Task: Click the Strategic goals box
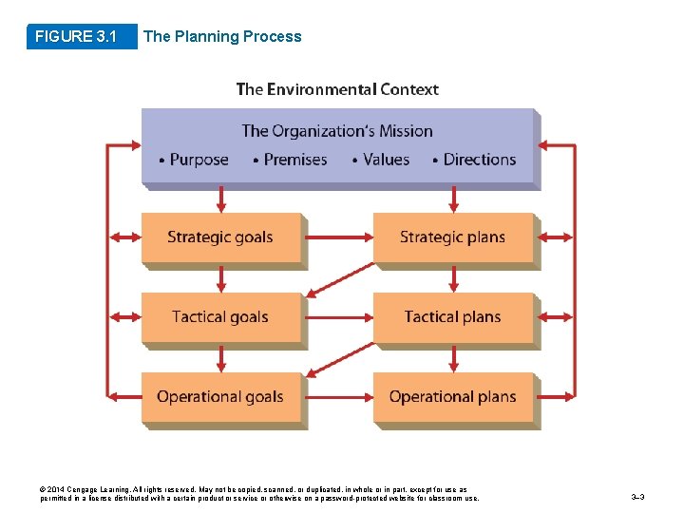point(220,237)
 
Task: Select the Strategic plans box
point(453,237)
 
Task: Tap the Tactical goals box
point(220,317)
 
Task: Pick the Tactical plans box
point(453,317)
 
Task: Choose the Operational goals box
point(220,397)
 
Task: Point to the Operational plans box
point(453,397)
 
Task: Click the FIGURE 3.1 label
point(76,37)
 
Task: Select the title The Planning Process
point(222,37)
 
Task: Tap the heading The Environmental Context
point(337,89)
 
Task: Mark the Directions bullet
point(479,160)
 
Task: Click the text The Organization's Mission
point(337,131)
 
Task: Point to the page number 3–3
point(638,497)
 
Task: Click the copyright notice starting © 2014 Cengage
point(256,493)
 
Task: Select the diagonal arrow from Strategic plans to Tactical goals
point(338,277)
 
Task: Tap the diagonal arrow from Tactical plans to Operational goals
point(338,357)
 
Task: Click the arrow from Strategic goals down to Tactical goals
point(221,278)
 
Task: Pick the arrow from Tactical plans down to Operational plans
point(453,358)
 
